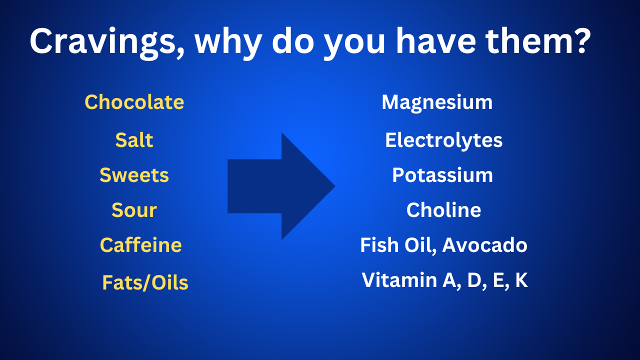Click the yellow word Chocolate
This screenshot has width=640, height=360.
point(134,102)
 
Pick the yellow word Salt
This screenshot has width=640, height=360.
point(134,140)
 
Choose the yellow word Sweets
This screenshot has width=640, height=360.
point(134,175)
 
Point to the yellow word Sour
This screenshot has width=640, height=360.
point(134,210)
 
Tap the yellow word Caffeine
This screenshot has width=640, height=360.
point(140,245)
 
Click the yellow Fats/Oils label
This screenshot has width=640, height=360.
point(145,283)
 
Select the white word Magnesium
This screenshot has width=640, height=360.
point(437,102)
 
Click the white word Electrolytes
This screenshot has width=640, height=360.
point(443,140)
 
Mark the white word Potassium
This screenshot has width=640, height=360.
point(442,175)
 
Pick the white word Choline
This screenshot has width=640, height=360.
point(443,210)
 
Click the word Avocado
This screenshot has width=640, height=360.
point(484,245)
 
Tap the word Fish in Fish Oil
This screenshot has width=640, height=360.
point(376,245)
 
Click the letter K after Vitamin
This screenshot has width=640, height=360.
point(521,280)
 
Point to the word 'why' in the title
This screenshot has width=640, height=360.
point(227,42)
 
